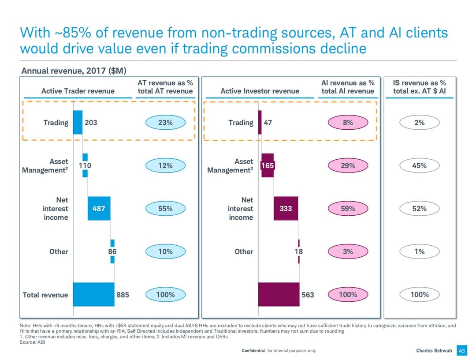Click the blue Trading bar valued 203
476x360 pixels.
[78, 122]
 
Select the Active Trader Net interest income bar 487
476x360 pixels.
[99, 208]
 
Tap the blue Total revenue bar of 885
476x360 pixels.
[93, 294]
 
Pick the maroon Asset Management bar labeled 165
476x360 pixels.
[268, 165]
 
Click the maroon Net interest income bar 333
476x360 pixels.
[286, 208]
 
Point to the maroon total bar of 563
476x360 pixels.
[279, 294]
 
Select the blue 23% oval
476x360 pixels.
[165, 123]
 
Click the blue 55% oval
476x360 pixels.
[165, 209]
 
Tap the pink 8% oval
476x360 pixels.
[348, 123]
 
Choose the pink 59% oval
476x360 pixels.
[348, 209]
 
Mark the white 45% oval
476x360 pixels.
[420, 166]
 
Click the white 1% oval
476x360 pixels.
[420, 251]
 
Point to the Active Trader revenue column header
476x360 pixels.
[78, 91]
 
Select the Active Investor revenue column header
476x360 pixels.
[260, 91]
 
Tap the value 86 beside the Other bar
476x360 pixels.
[112, 251]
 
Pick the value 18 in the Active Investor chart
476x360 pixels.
[299, 251]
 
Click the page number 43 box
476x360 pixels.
[462, 351]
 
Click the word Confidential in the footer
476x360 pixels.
[253, 351]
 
